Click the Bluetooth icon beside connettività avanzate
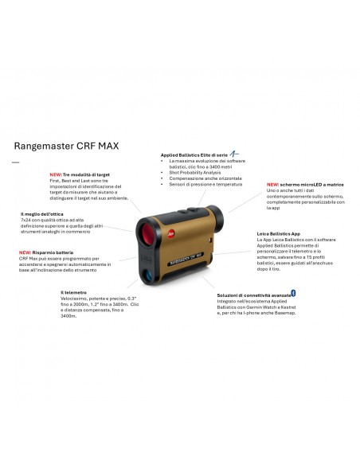point(293,293)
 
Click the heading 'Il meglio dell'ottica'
point(41,214)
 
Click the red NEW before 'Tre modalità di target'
point(56,174)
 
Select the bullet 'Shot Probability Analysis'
point(196,172)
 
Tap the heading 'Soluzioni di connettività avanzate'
point(252,295)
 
